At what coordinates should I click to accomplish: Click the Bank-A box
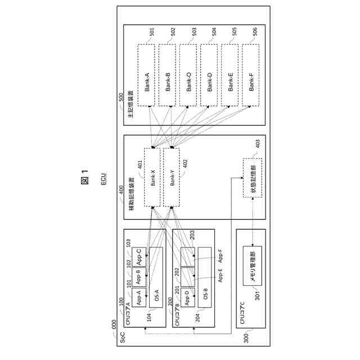[x=146, y=75]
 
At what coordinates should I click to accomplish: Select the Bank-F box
[x=251, y=75]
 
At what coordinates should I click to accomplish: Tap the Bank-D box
[x=209, y=75]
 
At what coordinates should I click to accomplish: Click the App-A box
[x=138, y=296]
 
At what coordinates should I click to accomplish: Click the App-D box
[x=187, y=296]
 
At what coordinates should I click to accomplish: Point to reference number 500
[x=120, y=97]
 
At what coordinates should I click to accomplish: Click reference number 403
[x=258, y=144]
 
